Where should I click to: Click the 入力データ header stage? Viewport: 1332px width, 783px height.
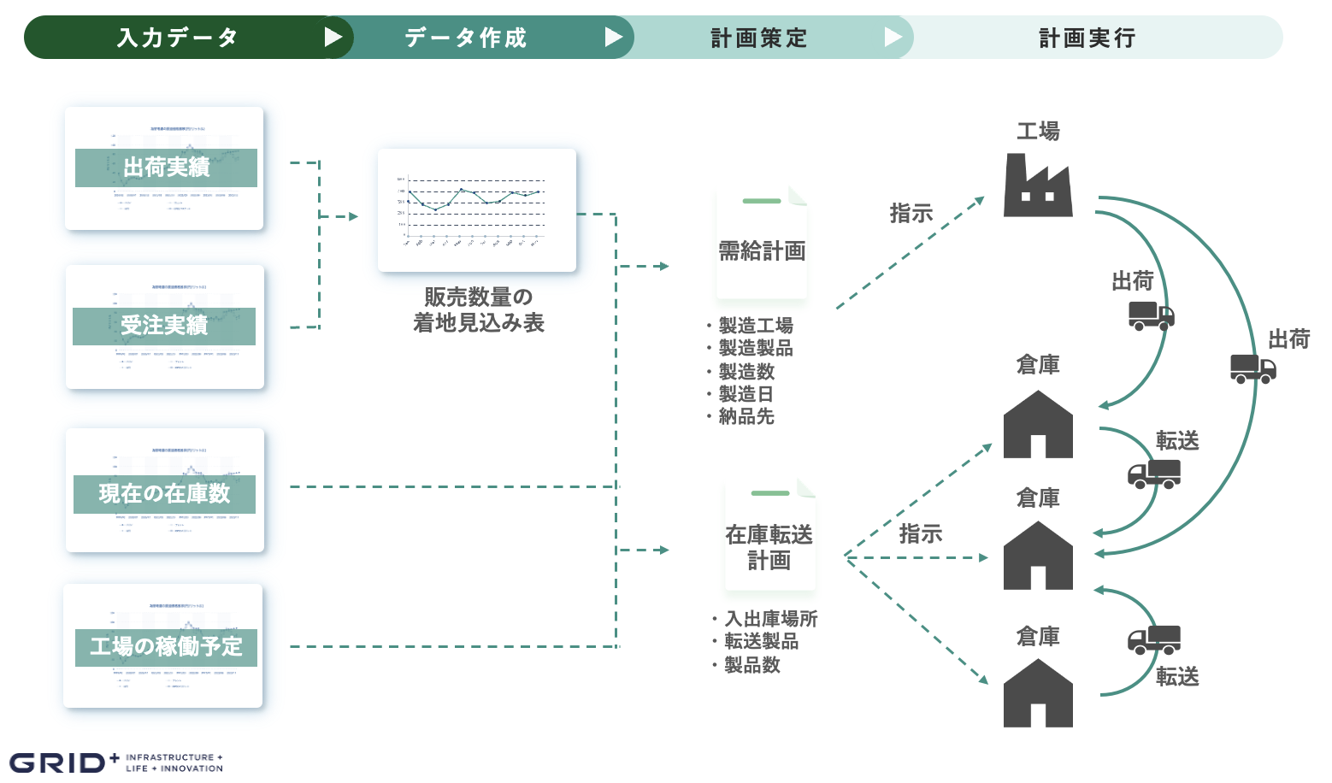pyautogui.click(x=177, y=38)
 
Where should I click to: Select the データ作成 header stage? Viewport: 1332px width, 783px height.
pyautogui.click(x=466, y=38)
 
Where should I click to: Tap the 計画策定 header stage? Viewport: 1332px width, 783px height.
pyautogui.click(x=759, y=38)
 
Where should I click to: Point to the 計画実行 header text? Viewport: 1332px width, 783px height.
pyautogui.click(x=1087, y=38)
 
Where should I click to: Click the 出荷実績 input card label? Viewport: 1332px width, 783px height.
pyautogui.click(x=166, y=168)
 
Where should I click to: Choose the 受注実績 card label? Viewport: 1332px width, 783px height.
pyautogui.click(x=164, y=326)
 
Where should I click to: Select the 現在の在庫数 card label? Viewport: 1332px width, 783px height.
pyautogui.click(x=164, y=494)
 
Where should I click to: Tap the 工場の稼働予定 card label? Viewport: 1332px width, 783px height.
pyautogui.click(x=166, y=647)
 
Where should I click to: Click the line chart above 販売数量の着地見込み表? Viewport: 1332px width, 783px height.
pyautogui.click(x=476, y=210)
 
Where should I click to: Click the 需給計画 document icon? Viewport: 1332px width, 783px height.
pyautogui.click(x=762, y=243)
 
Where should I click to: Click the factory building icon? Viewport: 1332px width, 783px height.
pyautogui.click(x=1038, y=185)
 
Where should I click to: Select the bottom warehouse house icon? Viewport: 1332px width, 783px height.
pyautogui.click(x=1038, y=693)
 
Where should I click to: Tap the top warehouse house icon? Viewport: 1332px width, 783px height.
pyautogui.click(x=1038, y=425)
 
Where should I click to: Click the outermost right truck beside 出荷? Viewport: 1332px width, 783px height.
pyautogui.click(x=1252, y=368)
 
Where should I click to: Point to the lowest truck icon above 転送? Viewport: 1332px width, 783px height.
pyautogui.click(x=1154, y=639)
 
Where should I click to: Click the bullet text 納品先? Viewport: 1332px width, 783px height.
pyautogui.click(x=746, y=416)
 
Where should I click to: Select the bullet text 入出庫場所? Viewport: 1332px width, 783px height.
pyautogui.click(x=771, y=618)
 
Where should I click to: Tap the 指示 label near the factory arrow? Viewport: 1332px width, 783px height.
pyautogui.click(x=911, y=214)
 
